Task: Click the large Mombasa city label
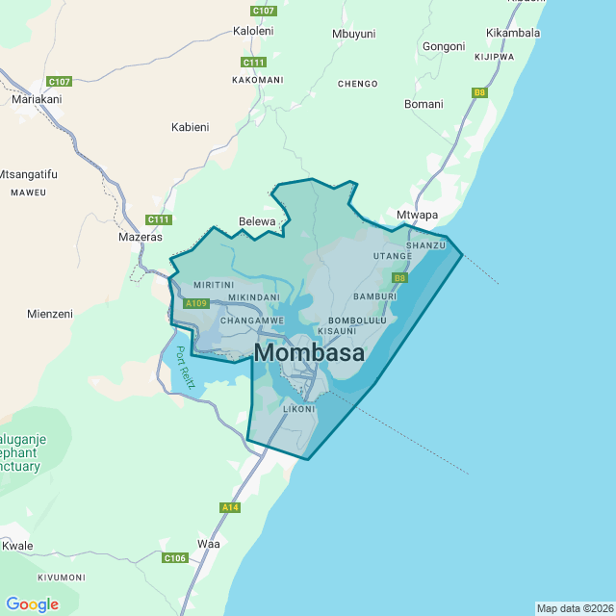(309, 353)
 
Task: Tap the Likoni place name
(298, 409)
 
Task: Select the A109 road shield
(196, 304)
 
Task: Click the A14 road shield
(229, 507)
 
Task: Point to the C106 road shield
(174, 558)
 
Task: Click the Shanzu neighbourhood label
(426, 245)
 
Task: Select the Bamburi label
(375, 296)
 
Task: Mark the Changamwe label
(252, 320)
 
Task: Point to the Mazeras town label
(140, 236)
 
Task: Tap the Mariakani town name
(37, 99)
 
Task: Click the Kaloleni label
(253, 31)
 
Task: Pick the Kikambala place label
(513, 33)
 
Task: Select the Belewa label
(257, 221)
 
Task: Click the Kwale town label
(17, 546)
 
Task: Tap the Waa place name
(208, 543)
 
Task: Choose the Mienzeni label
(50, 314)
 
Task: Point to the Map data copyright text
(574, 608)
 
